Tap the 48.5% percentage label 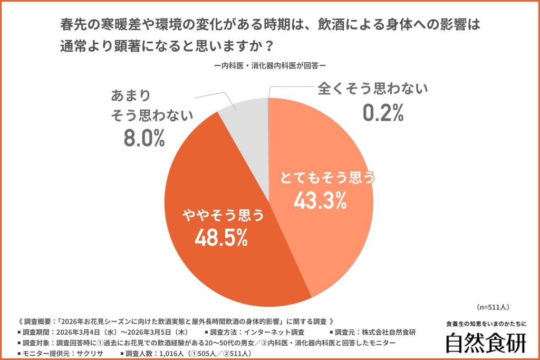tap(221, 238)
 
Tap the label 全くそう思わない tap(372, 89)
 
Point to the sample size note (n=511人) tap(492, 307)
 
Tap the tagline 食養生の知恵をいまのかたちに tap(486, 324)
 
